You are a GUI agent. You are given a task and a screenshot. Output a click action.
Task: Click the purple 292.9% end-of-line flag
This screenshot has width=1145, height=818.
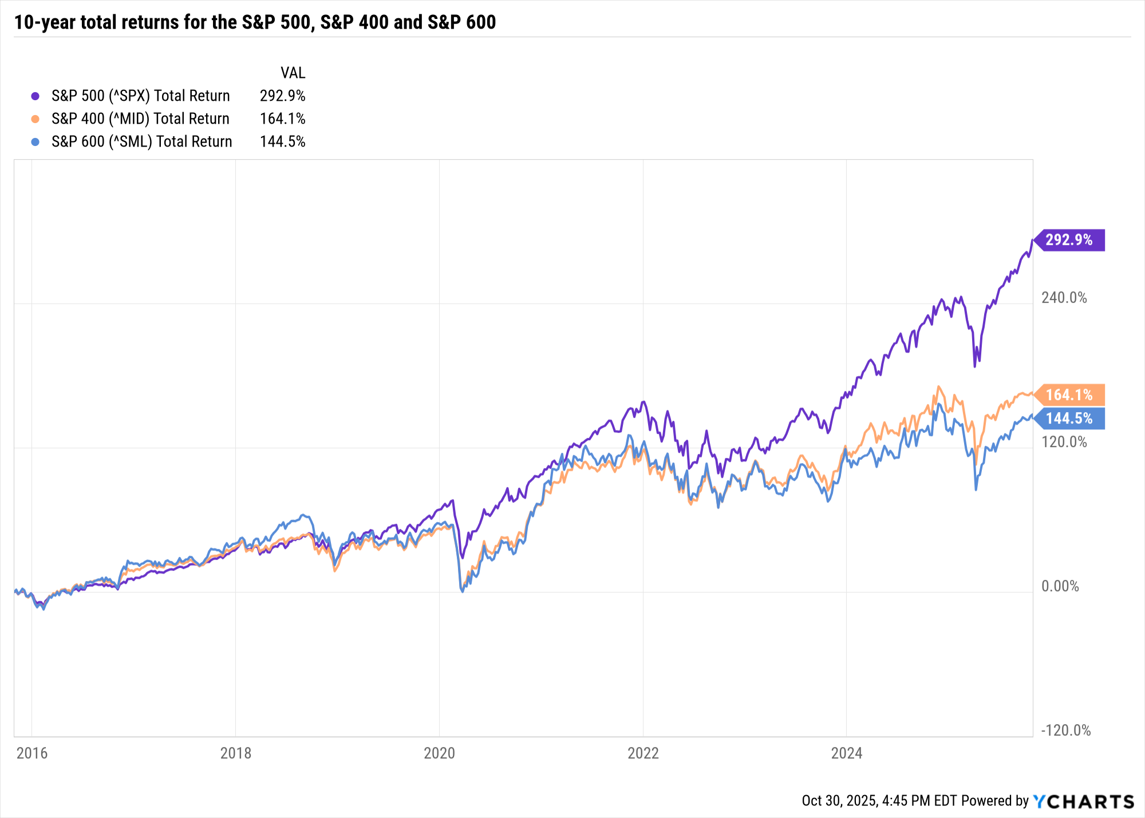pos(1069,240)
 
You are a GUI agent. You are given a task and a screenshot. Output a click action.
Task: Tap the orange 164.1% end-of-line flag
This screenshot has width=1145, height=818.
pos(1069,395)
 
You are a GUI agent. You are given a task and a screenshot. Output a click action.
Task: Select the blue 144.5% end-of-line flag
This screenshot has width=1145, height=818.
pos(1069,418)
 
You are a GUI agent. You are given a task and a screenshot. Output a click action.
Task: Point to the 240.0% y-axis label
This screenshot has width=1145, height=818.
pos(1064,298)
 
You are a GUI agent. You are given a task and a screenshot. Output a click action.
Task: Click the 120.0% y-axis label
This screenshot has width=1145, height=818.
pos(1064,442)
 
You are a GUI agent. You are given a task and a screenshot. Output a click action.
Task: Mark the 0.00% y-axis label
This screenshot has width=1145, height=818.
pos(1060,586)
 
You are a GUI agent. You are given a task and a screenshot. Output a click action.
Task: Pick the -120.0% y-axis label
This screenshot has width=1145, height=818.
pos(1065,730)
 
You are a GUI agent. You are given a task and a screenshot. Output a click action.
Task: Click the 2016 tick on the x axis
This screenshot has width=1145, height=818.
pos(32,753)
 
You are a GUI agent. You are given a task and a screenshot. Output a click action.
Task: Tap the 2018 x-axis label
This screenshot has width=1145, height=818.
pos(236,753)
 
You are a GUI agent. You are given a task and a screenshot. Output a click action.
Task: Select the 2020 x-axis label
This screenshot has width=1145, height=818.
pos(439,753)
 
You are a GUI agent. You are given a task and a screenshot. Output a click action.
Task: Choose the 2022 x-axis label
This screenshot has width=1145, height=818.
pos(643,753)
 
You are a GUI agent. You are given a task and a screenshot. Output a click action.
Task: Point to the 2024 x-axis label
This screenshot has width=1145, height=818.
pos(847,753)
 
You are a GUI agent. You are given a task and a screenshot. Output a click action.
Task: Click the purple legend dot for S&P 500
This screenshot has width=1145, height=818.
pos(35,96)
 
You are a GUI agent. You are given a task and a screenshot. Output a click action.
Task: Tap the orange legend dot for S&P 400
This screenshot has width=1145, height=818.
pos(35,119)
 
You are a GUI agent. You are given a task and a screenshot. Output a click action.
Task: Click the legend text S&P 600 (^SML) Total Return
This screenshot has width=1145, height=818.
pos(141,141)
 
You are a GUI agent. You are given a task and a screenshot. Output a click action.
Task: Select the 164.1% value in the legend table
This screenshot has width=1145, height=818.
pos(282,118)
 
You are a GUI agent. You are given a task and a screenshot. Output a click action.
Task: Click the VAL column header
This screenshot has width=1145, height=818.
pos(293,73)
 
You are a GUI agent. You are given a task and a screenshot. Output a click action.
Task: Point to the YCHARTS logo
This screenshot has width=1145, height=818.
pos(1083,801)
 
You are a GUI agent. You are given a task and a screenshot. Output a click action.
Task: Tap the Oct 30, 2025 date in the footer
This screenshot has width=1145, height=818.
pos(840,800)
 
